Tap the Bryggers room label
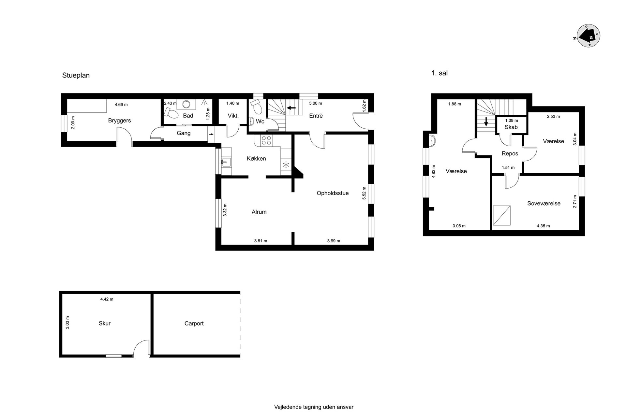[x=119, y=121]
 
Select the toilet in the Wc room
[x=256, y=106]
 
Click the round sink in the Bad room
[x=186, y=104]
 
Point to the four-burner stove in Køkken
[x=267, y=140]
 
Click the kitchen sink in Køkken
[x=226, y=162]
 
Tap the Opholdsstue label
[x=333, y=193]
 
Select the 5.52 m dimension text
[x=365, y=193]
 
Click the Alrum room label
[x=259, y=212]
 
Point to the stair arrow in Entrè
[x=291, y=108]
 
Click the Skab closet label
[x=511, y=127]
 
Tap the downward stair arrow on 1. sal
[x=486, y=122]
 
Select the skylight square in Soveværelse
[x=502, y=215]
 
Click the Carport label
[x=194, y=324]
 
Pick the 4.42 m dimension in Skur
[x=107, y=299]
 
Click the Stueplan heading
[x=76, y=75]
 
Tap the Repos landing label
[x=510, y=153]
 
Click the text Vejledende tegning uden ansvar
[x=314, y=407]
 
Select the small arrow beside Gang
[x=211, y=134]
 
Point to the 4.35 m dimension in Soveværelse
[x=543, y=226]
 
